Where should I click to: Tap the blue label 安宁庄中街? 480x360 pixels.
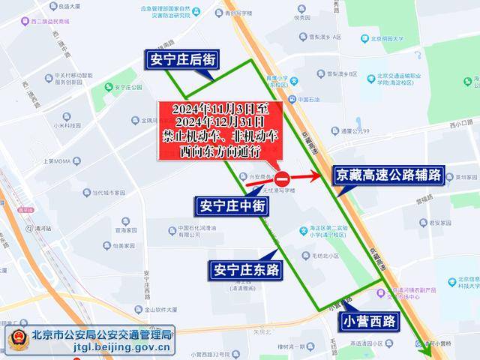tap(229, 204)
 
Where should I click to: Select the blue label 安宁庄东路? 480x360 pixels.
tap(245, 269)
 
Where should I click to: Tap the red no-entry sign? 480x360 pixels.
tap(282, 179)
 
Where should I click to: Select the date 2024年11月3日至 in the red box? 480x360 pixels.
tap(217, 108)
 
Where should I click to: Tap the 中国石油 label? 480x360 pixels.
tap(304, 99)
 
